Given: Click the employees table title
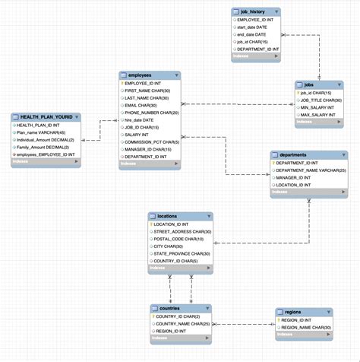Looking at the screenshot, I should coord(140,75).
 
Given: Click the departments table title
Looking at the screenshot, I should coord(293,154).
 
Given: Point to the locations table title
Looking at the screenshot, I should coord(167,217).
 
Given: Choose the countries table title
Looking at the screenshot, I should coord(170,308).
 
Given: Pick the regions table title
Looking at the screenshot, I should coord(295,312).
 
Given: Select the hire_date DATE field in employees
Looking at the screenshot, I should coord(140,119).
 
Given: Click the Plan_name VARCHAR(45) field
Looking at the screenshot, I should coord(43,132).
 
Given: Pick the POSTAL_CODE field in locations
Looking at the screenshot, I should coord(179,239).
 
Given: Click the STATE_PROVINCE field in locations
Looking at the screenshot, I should coord(182,253).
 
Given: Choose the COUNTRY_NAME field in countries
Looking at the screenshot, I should coord(182,323).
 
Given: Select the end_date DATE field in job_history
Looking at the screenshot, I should coord(251,34).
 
